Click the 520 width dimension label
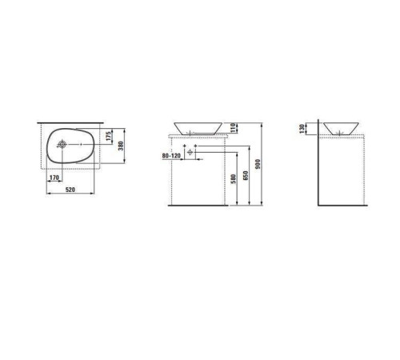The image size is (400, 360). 70,190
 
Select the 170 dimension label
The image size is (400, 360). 54,178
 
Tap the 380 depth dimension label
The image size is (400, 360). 121,146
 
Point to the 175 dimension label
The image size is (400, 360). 108,136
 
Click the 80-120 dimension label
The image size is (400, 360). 171,155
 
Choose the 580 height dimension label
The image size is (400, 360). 234,179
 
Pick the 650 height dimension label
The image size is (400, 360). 246,175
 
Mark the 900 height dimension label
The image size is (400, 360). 258,164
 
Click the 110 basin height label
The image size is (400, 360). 233,127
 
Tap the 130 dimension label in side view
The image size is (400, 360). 302,129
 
